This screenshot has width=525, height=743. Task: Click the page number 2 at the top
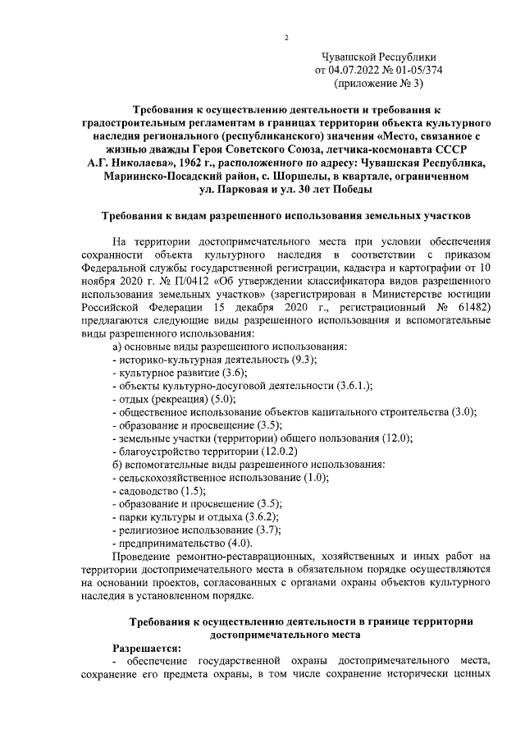click(x=286, y=37)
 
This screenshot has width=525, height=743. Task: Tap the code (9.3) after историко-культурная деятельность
click(x=301, y=360)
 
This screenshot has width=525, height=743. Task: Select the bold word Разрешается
click(x=146, y=647)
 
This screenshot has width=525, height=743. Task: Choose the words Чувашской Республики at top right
click(x=378, y=57)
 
